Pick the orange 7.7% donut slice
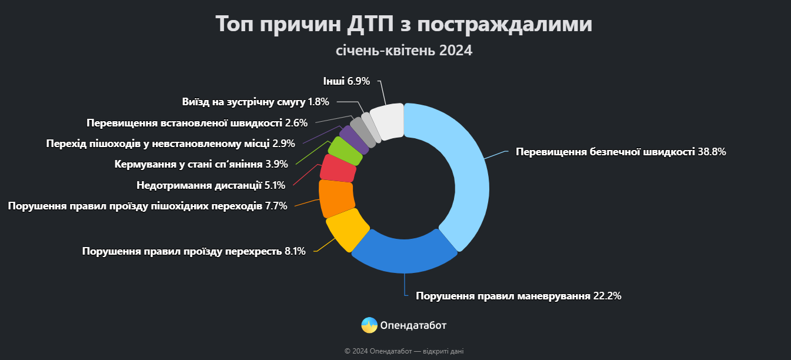(x=336, y=198)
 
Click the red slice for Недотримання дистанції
(x=338, y=169)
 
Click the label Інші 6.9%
(x=346, y=81)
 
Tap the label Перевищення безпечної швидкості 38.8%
(x=621, y=152)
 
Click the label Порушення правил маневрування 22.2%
(x=518, y=296)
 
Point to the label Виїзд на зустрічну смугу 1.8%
(x=255, y=102)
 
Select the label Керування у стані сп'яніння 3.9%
(x=199, y=164)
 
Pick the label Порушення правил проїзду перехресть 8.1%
(x=193, y=251)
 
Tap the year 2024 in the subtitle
(x=455, y=51)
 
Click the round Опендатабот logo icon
(x=369, y=325)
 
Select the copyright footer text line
(x=403, y=351)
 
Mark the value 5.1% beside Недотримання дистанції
(x=275, y=185)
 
